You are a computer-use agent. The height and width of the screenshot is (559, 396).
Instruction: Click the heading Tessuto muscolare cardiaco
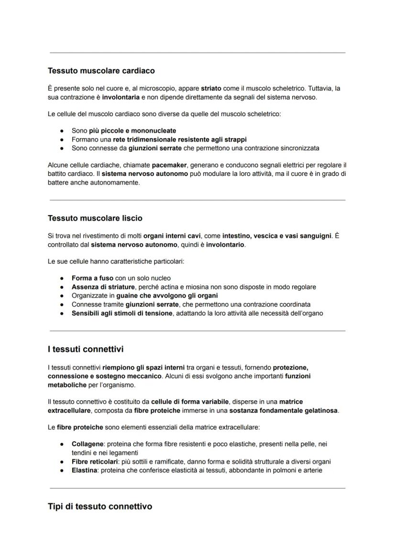click(101, 71)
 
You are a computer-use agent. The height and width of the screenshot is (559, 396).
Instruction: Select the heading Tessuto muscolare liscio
click(95, 218)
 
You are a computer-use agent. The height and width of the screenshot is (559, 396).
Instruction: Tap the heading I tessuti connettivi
click(85, 349)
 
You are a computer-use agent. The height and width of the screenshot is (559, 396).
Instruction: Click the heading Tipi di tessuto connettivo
click(99, 506)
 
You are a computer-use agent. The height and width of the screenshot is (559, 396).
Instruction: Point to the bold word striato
click(211, 88)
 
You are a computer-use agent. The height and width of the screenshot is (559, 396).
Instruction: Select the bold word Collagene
click(88, 444)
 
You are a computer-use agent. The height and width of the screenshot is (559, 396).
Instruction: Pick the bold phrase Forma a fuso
click(92, 278)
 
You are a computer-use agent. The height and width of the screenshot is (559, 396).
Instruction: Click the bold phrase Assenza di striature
click(103, 287)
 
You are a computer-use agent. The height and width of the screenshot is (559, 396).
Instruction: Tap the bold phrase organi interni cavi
click(172, 236)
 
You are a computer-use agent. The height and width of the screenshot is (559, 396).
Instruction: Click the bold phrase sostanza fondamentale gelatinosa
click(284, 411)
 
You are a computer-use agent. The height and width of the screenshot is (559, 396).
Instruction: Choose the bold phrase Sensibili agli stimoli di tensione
click(121, 313)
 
